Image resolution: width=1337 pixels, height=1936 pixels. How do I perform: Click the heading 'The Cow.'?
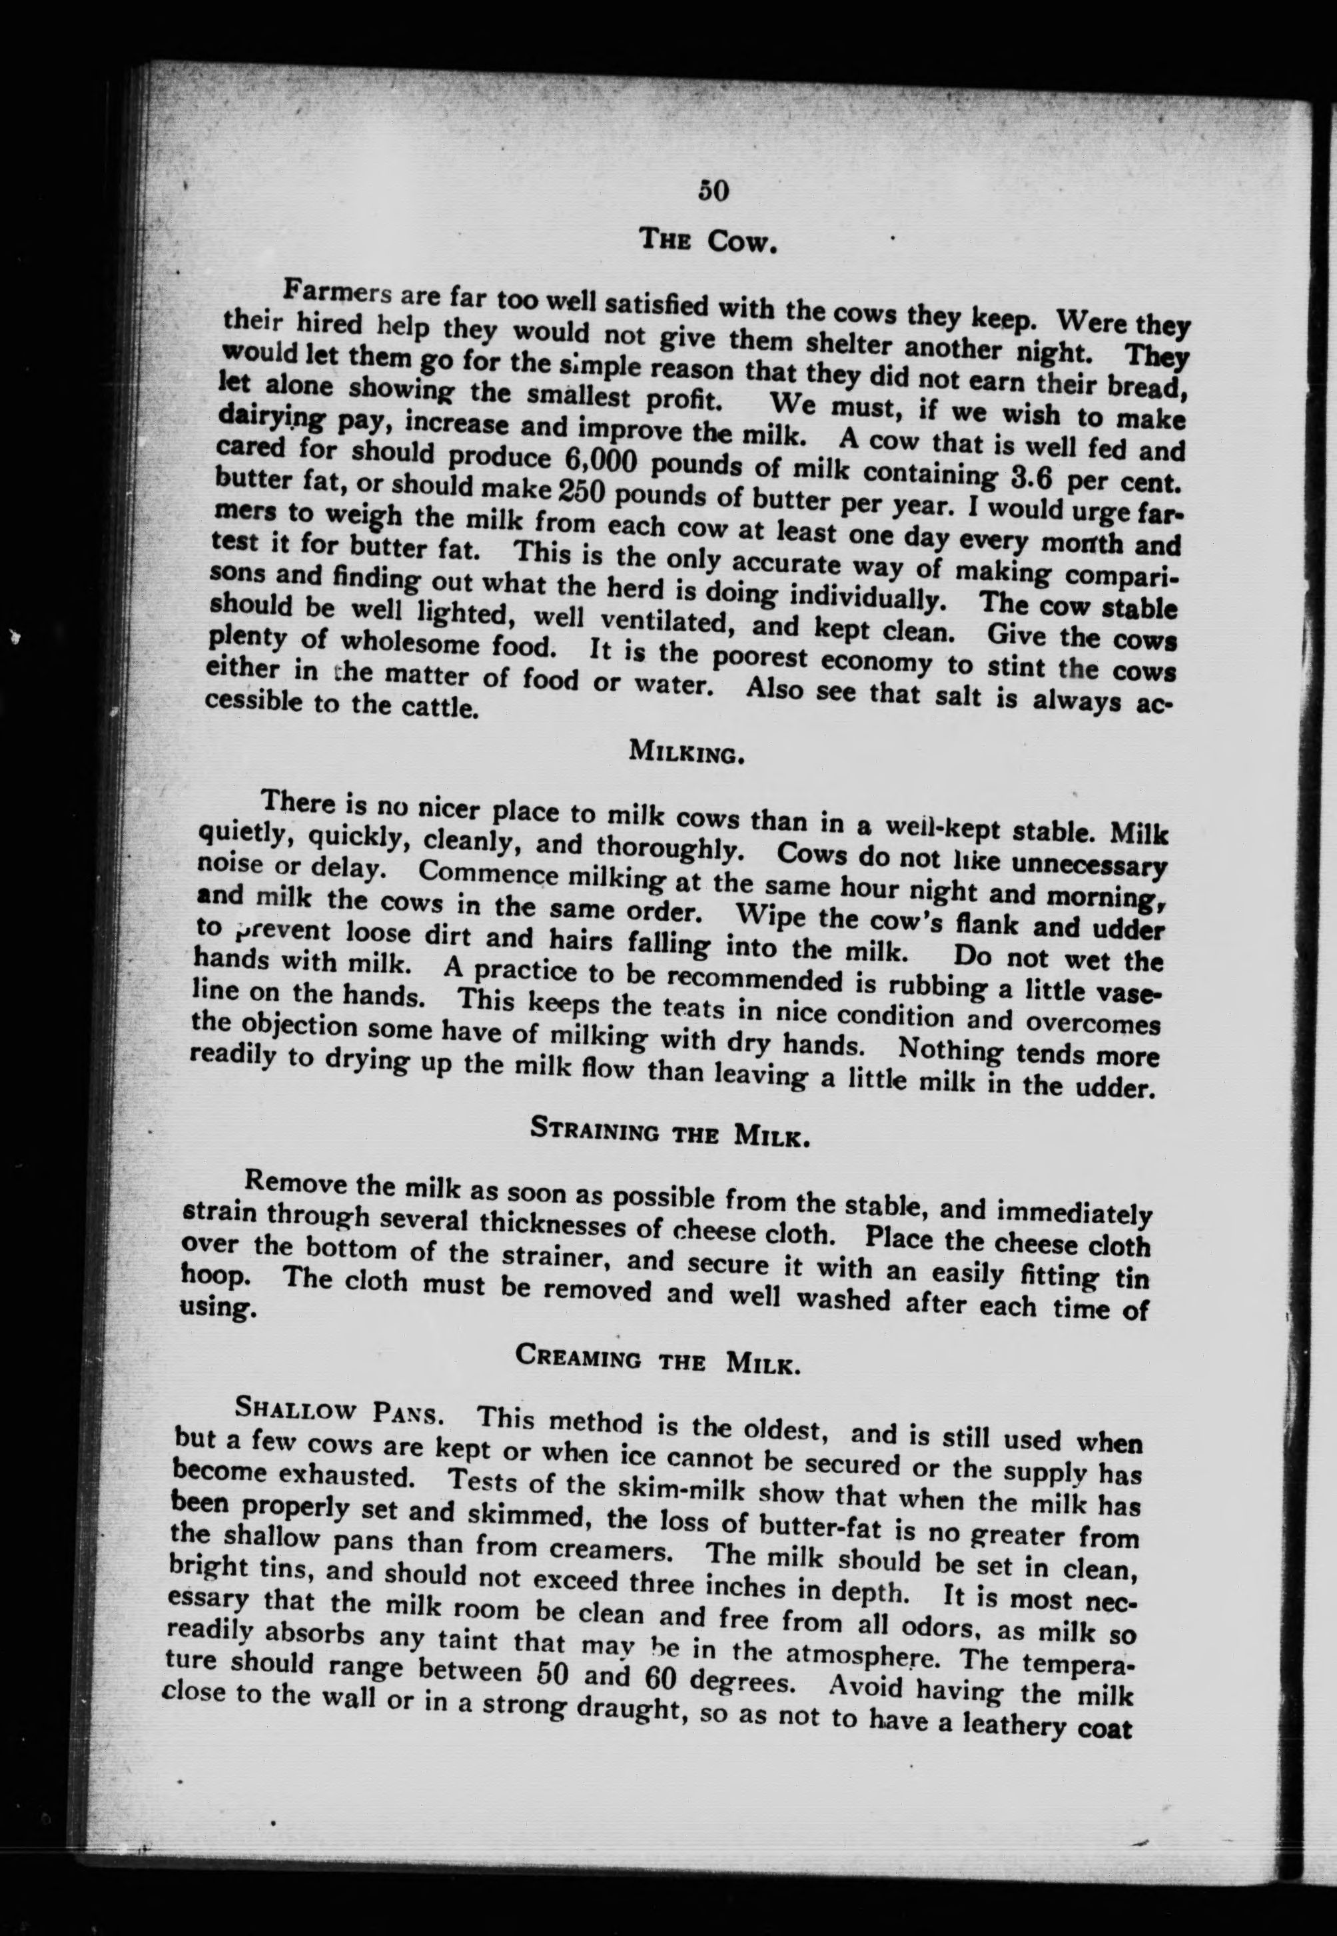coord(709,241)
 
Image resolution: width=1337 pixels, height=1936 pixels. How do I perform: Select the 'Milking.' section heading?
coord(686,752)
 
